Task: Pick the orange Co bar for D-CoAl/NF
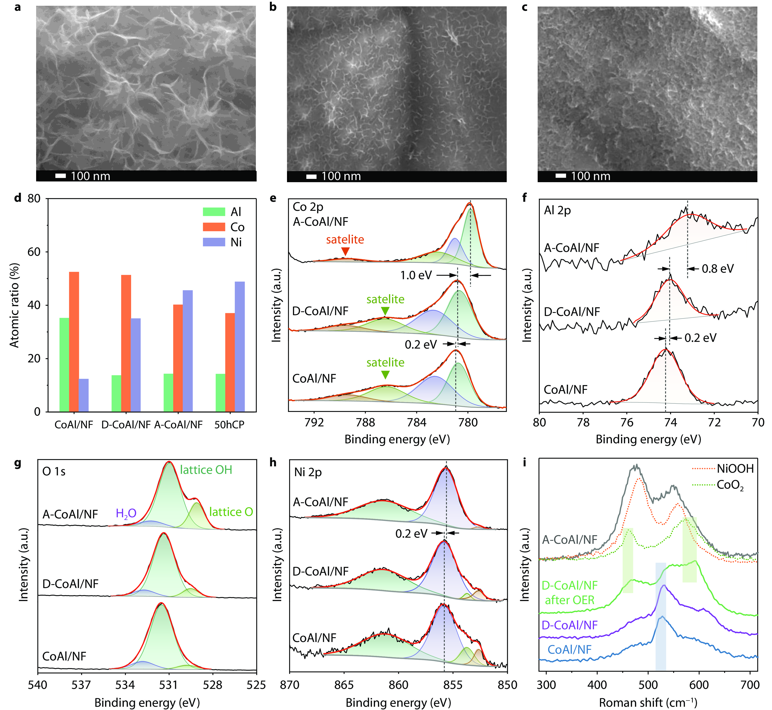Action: tap(126, 343)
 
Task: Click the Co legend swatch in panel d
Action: tap(214, 227)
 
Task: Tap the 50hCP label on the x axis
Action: tap(229, 424)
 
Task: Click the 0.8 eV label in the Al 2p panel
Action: tap(717, 269)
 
